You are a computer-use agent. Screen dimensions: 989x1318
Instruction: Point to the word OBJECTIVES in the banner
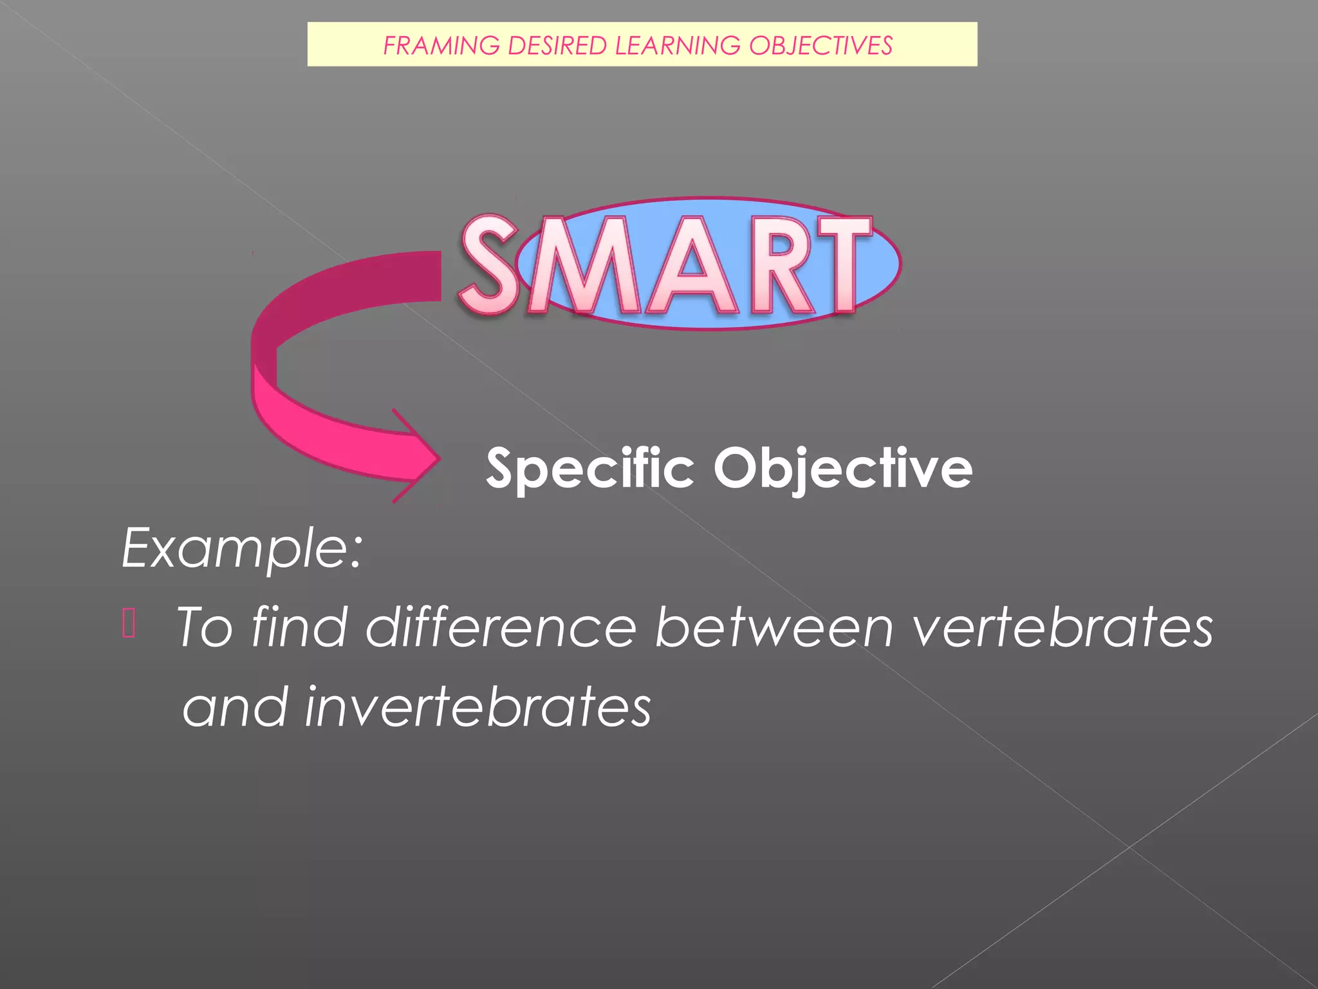[x=821, y=46]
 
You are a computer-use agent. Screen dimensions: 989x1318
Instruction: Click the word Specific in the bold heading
[x=589, y=469]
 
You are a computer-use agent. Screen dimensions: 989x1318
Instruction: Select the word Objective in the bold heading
[x=842, y=469]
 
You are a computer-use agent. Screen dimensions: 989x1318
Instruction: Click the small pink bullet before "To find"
[x=129, y=623]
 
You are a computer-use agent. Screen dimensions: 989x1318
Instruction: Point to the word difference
[x=501, y=627]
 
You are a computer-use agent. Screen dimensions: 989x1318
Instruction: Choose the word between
[x=774, y=627]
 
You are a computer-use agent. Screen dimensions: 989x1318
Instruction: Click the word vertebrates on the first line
[x=1063, y=627]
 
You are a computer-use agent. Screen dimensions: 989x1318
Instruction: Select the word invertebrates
[x=478, y=707]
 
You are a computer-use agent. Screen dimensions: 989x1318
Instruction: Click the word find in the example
[x=300, y=627]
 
